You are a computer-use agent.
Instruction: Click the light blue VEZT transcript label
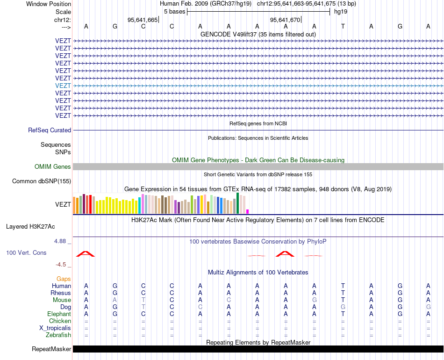tap(63, 86)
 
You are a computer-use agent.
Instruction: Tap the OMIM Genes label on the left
tap(53, 167)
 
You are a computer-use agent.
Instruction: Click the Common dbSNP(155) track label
tap(42, 181)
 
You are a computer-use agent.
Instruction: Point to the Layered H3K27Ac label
tap(30, 227)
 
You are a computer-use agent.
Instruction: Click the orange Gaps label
tap(64, 279)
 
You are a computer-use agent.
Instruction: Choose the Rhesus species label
tap(61, 293)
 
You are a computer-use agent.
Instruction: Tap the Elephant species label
tap(59, 314)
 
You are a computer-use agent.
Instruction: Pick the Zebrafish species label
tap(58, 335)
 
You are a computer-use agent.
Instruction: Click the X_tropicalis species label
tap(55, 328)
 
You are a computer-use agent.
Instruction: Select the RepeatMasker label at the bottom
tap(51, 349)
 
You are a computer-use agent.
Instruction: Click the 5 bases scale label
tap(174, 12)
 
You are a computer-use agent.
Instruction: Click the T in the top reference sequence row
tap(343, 27)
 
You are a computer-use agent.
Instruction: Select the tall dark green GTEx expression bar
tap(238, 203)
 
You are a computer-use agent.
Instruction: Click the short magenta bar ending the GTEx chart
tap(248, 211)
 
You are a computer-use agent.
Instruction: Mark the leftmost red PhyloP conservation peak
tap(86, 254)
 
